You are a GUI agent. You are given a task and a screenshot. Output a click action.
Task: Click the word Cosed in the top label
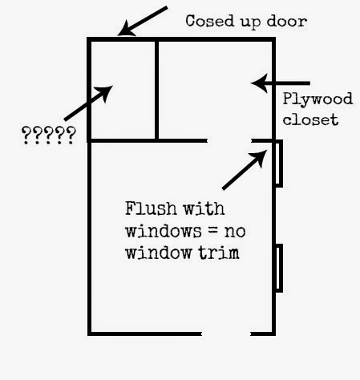[210, 21]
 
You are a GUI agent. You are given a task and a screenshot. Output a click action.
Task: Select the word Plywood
[318, 99]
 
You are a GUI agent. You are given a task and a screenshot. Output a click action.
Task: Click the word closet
[310, 119]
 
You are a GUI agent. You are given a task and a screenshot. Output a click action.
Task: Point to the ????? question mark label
[49, 135]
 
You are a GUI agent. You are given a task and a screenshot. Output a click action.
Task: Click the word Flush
[151, 208]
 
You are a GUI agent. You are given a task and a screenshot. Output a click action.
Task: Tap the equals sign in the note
[212, 230]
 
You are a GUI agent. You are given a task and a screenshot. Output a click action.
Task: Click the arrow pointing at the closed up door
[143, 21]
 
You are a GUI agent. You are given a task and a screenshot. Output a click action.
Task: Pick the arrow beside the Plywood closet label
[281, 83]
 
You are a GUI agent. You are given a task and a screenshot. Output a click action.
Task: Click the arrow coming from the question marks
[88, 103]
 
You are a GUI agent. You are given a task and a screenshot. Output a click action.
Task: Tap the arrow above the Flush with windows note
[245, 170]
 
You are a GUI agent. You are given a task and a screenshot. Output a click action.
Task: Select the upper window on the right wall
[279, 163]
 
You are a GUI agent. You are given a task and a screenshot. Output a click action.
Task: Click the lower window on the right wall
[279, 268]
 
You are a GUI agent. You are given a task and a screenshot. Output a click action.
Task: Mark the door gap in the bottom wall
[226, 334]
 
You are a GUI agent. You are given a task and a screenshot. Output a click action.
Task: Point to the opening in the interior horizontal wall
[229, 140]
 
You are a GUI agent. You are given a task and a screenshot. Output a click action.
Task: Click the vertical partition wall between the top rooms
[156, 90]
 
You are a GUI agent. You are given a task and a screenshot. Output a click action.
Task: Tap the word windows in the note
[164, 231]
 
